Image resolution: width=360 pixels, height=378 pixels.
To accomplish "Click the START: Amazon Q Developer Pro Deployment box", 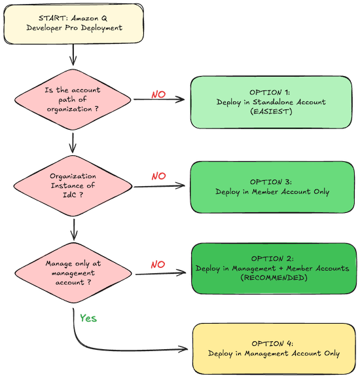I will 72,23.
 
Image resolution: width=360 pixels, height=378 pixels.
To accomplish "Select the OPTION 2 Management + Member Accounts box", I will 272,269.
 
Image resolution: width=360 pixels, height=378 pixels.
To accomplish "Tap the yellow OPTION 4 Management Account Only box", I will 274,348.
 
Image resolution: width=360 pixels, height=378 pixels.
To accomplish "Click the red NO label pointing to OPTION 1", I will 158,94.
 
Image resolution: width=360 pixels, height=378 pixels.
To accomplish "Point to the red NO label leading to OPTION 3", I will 158,177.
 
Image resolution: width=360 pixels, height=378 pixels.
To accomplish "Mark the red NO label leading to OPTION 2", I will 158,265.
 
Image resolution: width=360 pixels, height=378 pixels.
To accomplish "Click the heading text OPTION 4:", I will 274,343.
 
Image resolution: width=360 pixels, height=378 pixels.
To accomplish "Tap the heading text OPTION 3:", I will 272,181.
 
